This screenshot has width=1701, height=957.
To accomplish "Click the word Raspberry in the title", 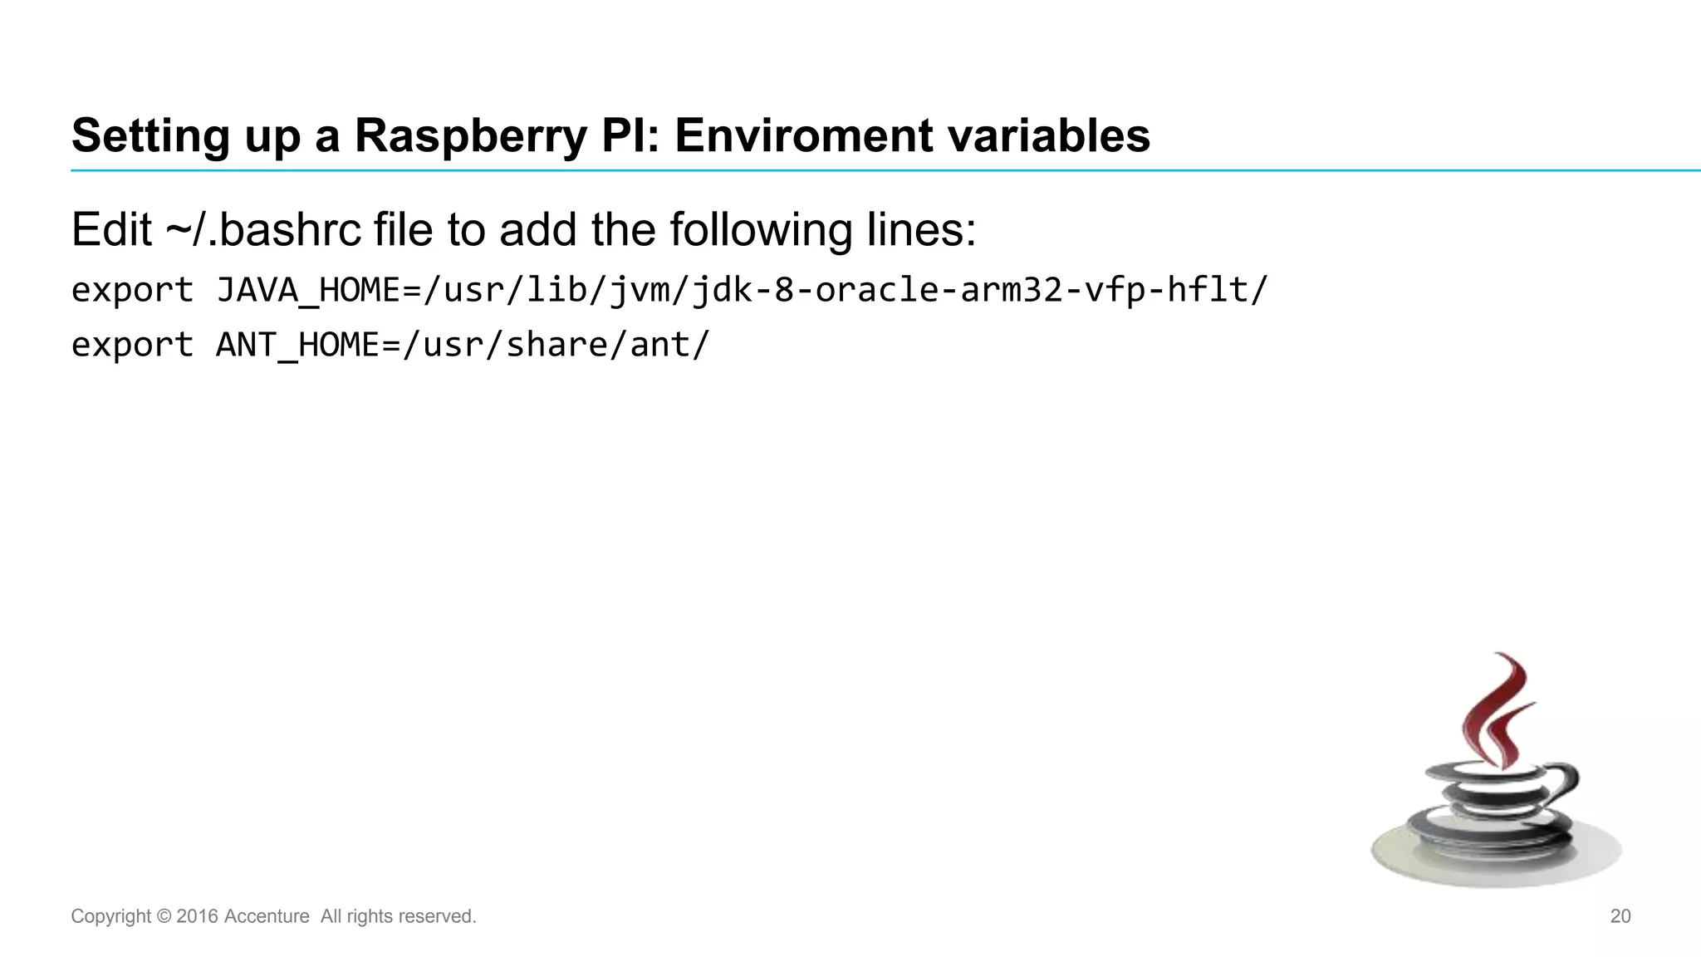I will [470, 136].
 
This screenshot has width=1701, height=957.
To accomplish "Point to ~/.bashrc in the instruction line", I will [263, 230].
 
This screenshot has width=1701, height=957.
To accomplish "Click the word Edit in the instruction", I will [111, 230].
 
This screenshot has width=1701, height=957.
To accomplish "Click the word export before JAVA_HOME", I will [132, 291].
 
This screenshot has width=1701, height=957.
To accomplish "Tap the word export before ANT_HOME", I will [132, 345].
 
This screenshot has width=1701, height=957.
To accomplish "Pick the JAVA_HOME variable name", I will [308, 291].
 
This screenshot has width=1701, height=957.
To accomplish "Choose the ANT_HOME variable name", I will [297, 345].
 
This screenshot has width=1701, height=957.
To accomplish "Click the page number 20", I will [1620, 916].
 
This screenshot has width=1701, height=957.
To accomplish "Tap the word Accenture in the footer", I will [267, 916].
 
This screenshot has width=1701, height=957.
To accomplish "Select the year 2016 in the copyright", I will [197, 916].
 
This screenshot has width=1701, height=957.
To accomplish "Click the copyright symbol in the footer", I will [164, 916].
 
